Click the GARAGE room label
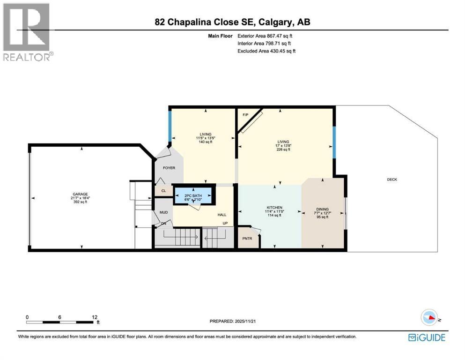tap(80, 194)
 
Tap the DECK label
tap(392, 179)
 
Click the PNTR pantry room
tap(247, 238)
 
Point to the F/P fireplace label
tap(245, 114)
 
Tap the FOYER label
tap(169, 167)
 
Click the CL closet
tap(163, 191)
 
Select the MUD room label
tap(164, 212)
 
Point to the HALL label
tap(221, 215)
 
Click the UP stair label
tap(225, 223)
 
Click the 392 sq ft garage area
tap(80, 202)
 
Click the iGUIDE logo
tap(427, 337)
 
